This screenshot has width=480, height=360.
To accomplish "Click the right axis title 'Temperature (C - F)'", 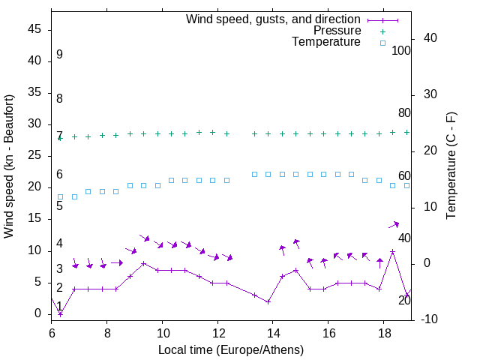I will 451,166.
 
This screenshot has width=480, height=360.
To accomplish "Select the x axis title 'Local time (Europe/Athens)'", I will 231,349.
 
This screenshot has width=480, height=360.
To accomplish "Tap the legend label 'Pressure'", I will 337,31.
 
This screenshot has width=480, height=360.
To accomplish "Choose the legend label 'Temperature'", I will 326,43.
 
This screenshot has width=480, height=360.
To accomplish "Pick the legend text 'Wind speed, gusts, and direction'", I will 273,19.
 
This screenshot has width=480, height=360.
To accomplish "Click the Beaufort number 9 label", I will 59,55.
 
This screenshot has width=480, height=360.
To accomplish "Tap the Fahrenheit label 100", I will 401,51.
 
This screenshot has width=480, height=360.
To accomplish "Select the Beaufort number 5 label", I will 59,205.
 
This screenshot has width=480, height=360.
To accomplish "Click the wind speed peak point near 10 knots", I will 392,251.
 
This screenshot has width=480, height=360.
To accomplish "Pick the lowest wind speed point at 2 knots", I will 268,301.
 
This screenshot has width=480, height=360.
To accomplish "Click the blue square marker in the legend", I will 382,43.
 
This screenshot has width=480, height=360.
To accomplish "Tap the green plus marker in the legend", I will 382,31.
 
